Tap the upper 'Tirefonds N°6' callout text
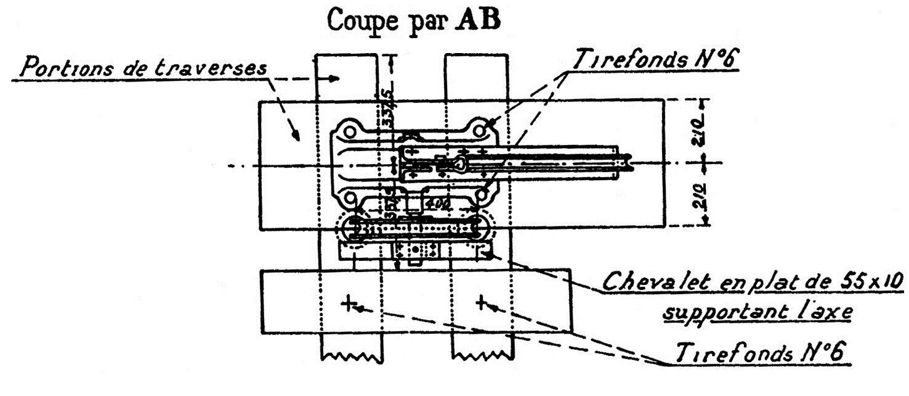pyautogui.click(x=655, y=59)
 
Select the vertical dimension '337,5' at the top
pyautogui.click(x=388, y=108)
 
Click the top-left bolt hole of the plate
pyautogui.click(x=349, y=132)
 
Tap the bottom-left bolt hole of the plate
pyautogui.click(x=349, y=197)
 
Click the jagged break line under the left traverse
pyautogui.click(x=351, y=357)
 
